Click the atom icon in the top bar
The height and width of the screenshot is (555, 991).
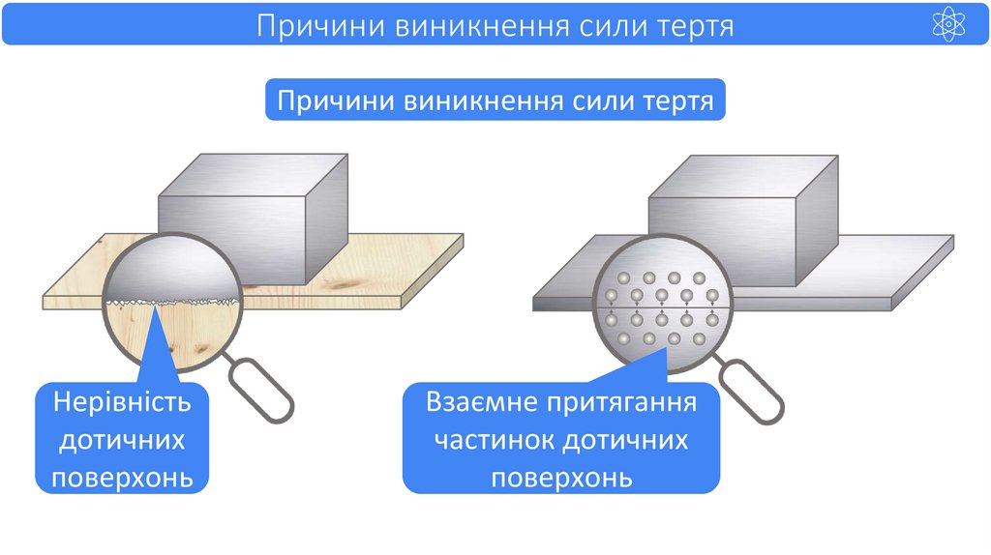[x=948, y=25]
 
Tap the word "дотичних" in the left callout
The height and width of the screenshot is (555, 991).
[x=123, y=440]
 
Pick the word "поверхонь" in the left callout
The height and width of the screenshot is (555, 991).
[x=123, y=477]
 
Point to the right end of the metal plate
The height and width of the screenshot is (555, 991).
[x=929, y=266]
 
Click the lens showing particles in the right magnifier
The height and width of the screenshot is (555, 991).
[x=660, y=309]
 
